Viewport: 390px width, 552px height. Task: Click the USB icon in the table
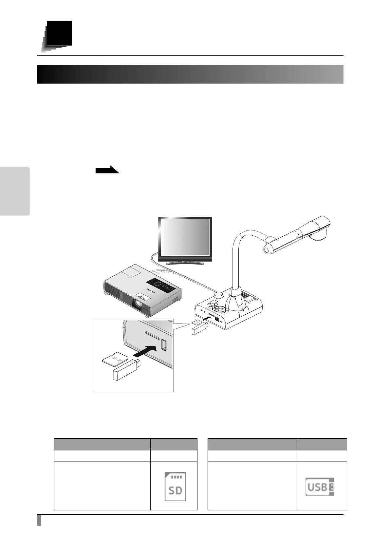click(x=320, y=486)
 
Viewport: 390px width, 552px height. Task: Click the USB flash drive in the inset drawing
click(x=126, y=370)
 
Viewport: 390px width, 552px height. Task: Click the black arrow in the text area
click(x=107, y=170)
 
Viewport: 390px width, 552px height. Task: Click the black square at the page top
click(x=59, y=33)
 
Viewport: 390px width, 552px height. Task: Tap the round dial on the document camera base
click(x=219, y=295)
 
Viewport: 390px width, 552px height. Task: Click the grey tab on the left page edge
click(x=15, y=191)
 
